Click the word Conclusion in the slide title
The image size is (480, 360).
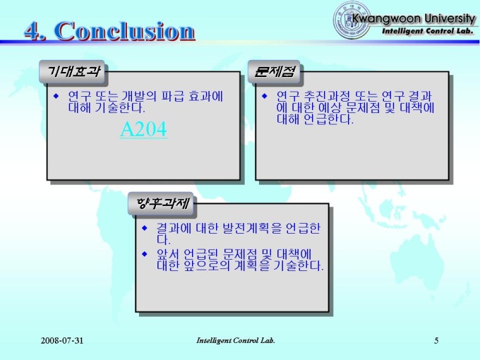click(125, 31)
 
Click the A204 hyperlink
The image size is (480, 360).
click(143, 129)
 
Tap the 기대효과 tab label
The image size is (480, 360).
click(73, 71)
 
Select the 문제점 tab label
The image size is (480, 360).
click(275, 71)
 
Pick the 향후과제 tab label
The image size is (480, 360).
click(162, 203)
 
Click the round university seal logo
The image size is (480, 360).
click(351, 20)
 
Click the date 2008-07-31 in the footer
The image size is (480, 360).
click(62, 340)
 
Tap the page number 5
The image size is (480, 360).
click(436, 340)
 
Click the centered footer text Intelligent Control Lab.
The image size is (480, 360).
click(235, 340)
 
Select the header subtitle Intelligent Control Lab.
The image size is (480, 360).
click(428, 31)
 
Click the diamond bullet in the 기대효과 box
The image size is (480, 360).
click(56, 96)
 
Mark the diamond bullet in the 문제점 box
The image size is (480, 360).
click(265, 96)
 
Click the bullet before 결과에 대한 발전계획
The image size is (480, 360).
click(145, 228)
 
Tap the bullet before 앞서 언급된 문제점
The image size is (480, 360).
click(145, 254)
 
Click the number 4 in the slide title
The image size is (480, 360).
click(32, 31)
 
